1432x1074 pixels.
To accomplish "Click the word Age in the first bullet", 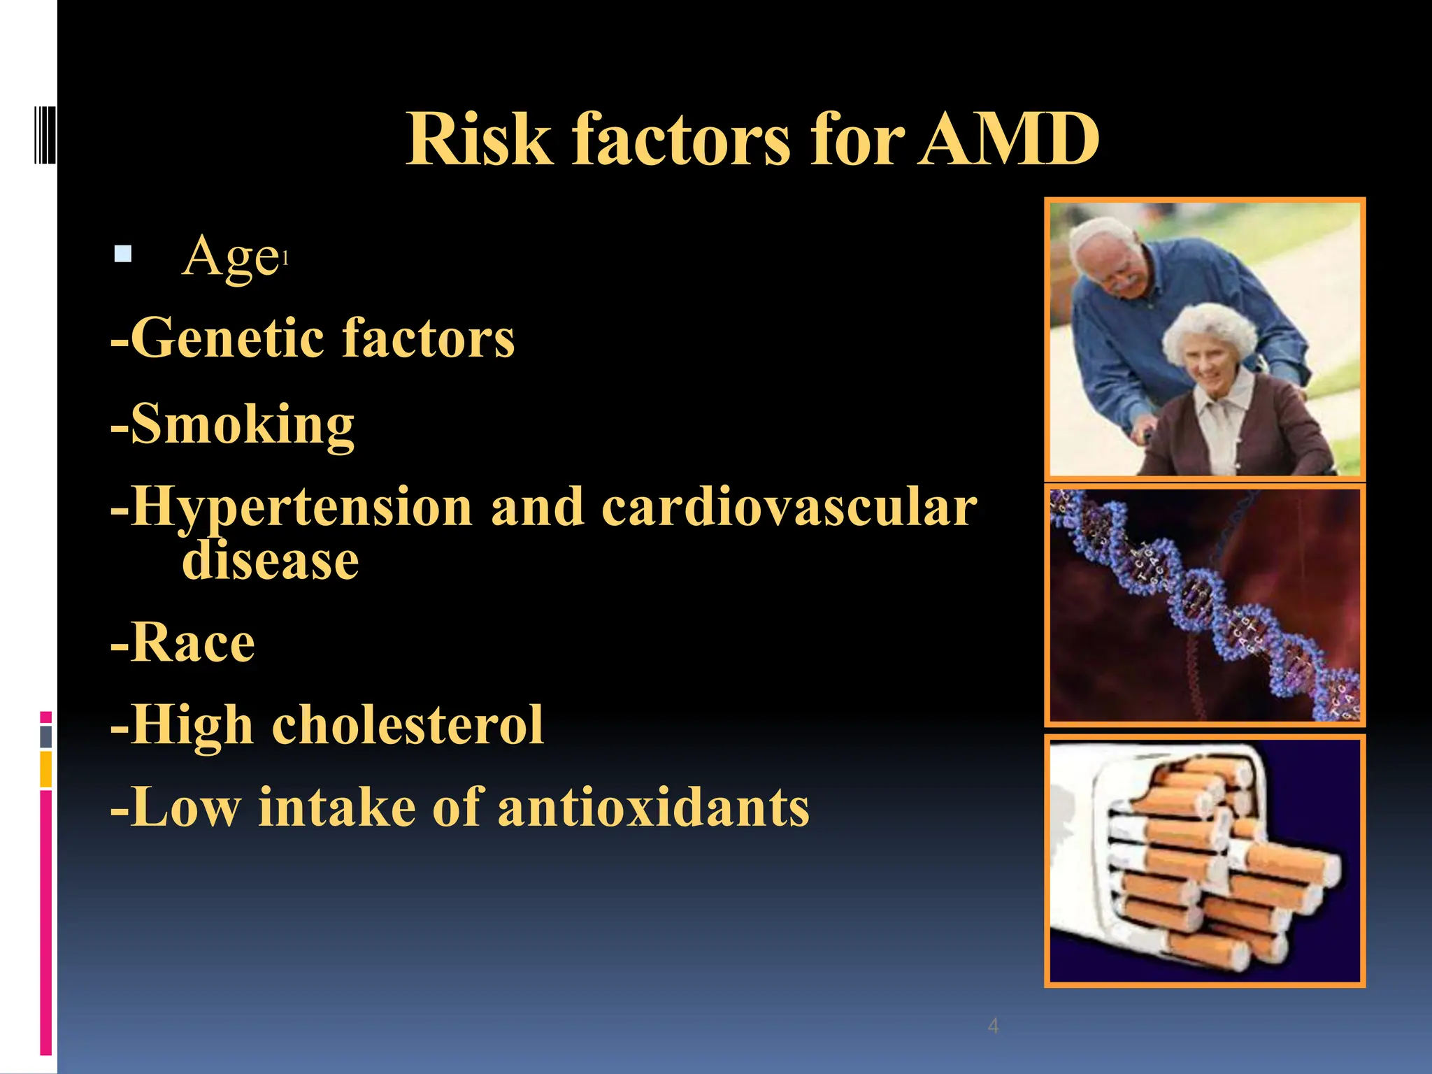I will tap(230, 257).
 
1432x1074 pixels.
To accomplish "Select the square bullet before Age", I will tap(123, 253).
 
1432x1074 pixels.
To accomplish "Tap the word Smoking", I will tap(242, 424).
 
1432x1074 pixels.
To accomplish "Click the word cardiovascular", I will tap(789, 507).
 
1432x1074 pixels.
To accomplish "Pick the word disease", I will tap(270, 561).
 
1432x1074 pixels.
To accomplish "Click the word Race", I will tap(192, 643).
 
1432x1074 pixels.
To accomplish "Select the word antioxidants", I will tap(653, 808).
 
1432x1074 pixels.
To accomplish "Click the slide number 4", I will tap(993, 1026).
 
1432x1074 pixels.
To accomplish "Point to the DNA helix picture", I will tap(1204, 606).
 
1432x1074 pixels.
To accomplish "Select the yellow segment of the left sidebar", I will tap(45, 769).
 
